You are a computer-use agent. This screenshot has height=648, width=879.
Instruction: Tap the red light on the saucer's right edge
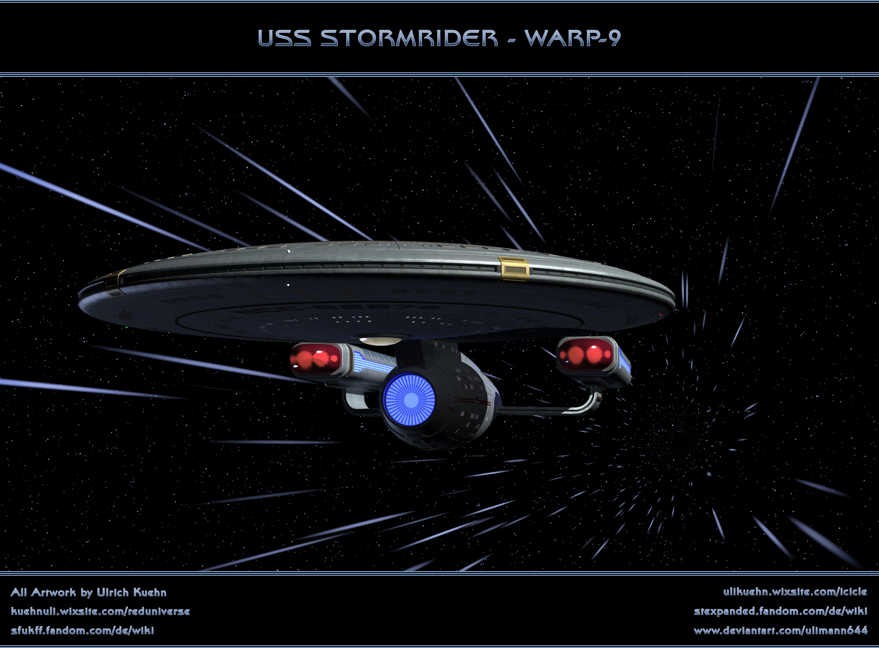tap(660, 316)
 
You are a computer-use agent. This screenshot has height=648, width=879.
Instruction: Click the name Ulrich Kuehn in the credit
tap(131, 593)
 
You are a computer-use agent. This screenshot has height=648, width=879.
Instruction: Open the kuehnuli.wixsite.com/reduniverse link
tap(100, 611)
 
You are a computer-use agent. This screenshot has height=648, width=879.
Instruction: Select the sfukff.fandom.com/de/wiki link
tap(82, 631)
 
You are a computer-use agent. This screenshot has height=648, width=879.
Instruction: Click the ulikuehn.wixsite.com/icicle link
tap(795, 592)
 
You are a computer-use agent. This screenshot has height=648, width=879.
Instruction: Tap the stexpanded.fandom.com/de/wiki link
tap(780, 611)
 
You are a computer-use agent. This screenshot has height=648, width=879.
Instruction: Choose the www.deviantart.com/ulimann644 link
tap(780, 631)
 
